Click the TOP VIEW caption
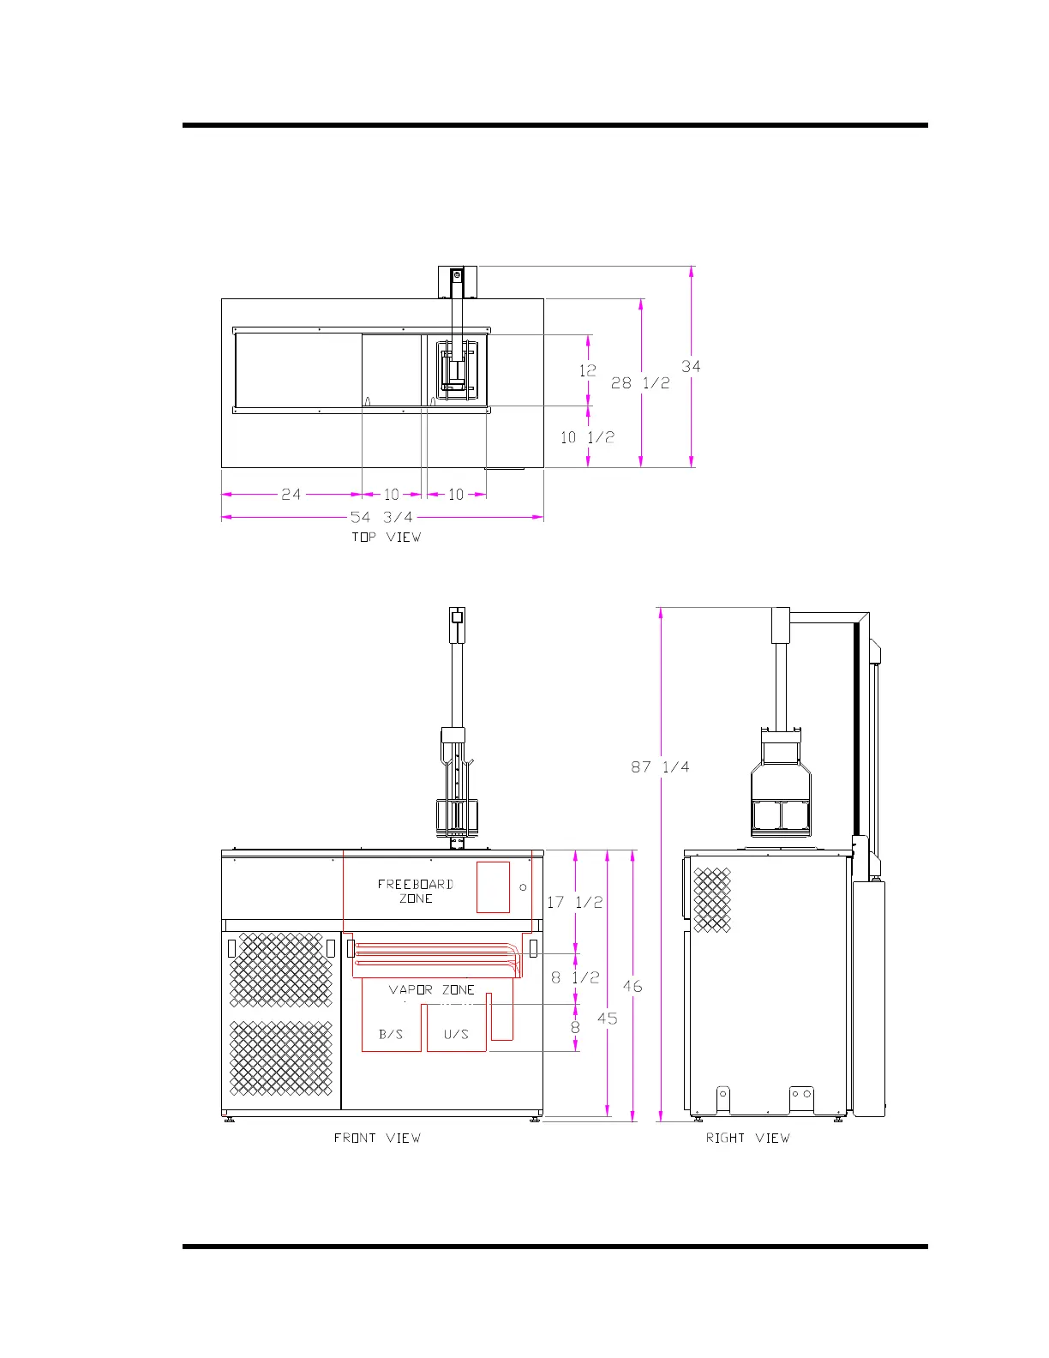click(x=387, y=537)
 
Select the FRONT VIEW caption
click(x=377, y=1138)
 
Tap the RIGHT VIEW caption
click(x=747, y=1138)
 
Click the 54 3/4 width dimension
click(x=381, y=517)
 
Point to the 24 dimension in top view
click(x=291, y=495)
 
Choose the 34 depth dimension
click(x=691, y=366)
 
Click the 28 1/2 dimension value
click(x=640, y=383)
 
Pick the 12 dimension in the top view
click(x=587, y=370)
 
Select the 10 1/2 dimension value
click(x=587, y=437)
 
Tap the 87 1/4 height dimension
click(x=660, y=766)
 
